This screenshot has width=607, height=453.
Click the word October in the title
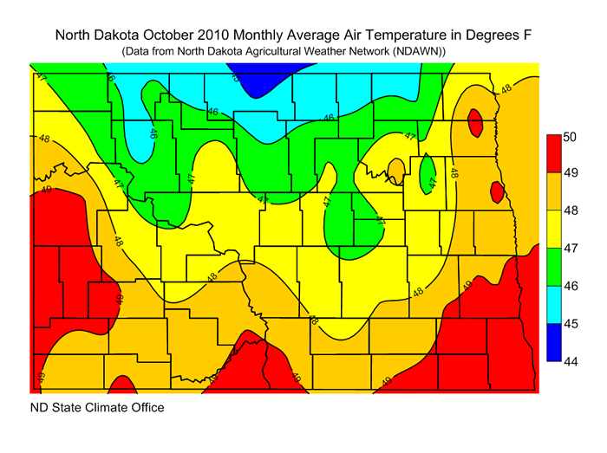click(198, 36)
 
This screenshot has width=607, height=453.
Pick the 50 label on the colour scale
click(568, 137)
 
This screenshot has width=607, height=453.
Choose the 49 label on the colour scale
click(568, 173)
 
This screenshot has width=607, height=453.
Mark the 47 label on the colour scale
click(568, 248)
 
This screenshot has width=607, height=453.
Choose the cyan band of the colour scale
click(551, 304)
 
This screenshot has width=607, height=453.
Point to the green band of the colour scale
click(551, 266)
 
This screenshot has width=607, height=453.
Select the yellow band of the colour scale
click(551, 229)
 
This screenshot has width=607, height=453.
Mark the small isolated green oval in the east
click(428, 173)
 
